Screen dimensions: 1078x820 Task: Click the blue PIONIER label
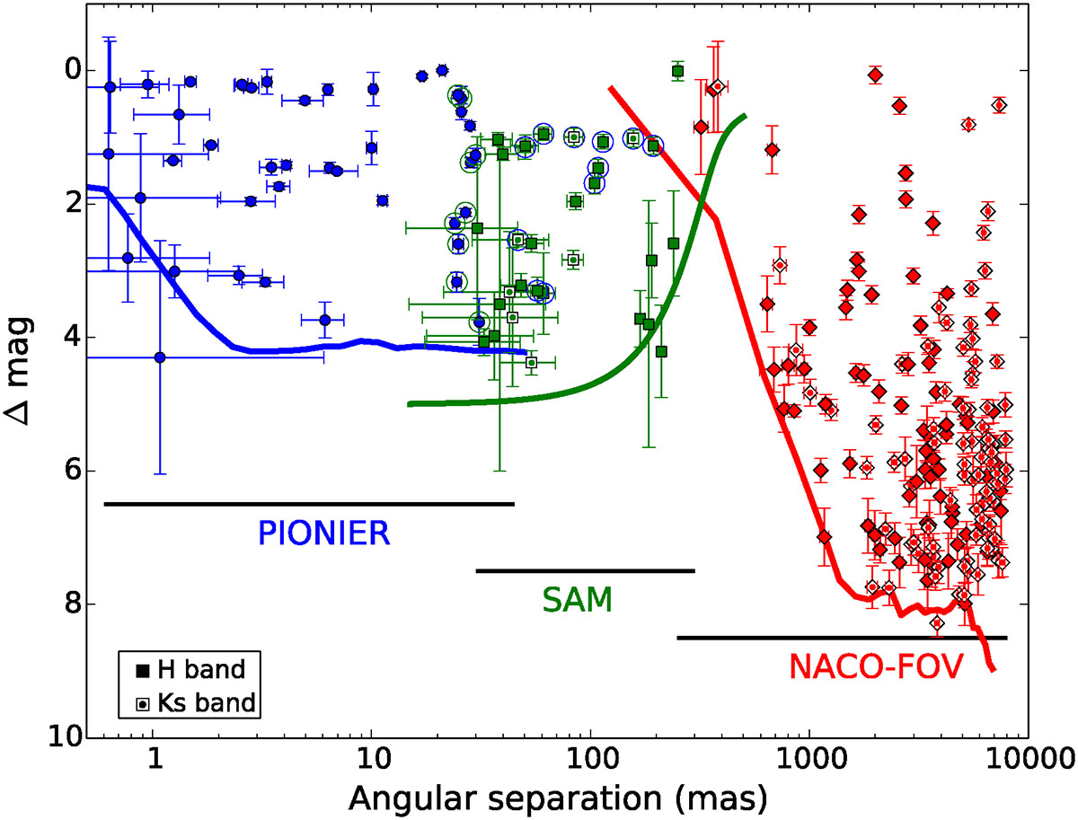(x=323, y=533)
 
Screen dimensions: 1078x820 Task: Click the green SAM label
(x=578, y=600)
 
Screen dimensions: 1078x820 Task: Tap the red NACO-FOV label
(x=876, y=666)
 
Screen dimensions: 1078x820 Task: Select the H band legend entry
(x=190, y=669)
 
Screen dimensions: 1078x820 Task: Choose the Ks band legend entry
(x=196, y=703)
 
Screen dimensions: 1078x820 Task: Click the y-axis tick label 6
(x=72, y=471)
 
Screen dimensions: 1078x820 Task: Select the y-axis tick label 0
(x=72, y=70)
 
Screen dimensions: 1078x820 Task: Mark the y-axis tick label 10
(x=65, y=737)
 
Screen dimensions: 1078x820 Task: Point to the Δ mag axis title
(x=19, y=371)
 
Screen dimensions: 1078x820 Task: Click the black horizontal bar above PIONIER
(x=309, y=504)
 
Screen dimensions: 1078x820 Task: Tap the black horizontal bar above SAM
(x=586, y=570)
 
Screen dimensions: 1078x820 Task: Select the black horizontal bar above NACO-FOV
(x=843, y=638)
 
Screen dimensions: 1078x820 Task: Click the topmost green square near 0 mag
(x=677, y=71)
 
